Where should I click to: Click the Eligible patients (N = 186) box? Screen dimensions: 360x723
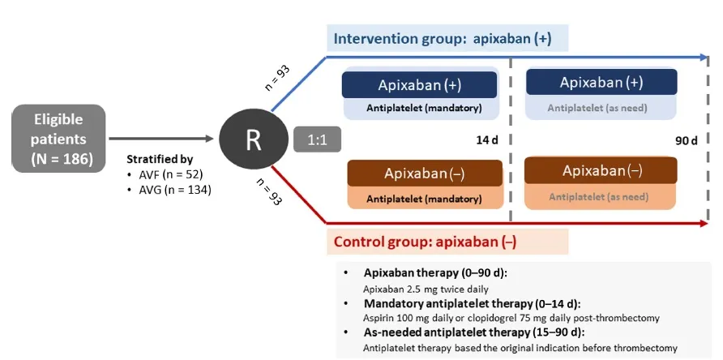(x=58, y=138)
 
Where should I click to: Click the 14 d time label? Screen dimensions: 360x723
(x=486, y=139)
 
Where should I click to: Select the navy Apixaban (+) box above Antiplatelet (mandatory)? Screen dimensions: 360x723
(x=419, y=85)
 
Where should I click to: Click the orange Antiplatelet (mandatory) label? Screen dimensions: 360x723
(x=424, y=198)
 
